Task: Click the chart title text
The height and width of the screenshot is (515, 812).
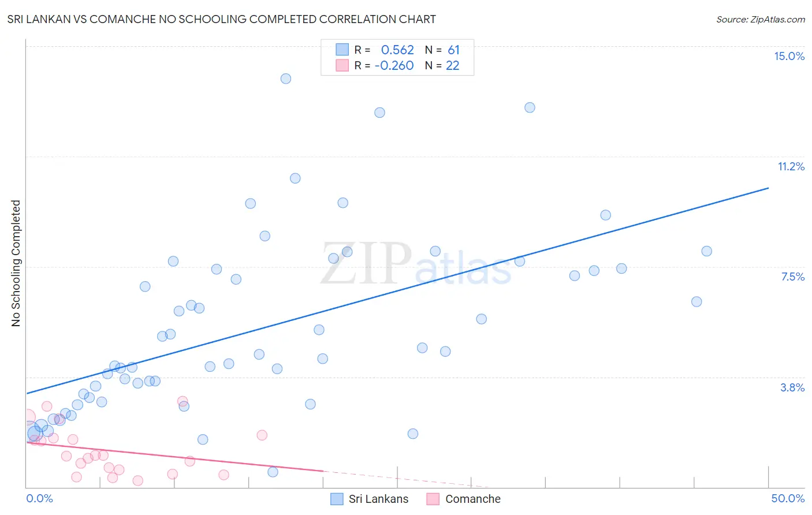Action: click(x=222, y=19)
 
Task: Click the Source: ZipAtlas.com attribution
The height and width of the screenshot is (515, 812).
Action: click(x=760, y=20)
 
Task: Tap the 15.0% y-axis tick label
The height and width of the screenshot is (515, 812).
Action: click(x=789, y=56)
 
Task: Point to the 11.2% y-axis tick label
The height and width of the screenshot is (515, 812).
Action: click(x=791, y=166)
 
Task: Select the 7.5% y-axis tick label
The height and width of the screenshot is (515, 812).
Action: click(x=792, y=277)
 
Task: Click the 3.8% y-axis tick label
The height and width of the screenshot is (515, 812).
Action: click(x=792, y=387)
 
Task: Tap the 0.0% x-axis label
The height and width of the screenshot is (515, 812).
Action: click(x=39, y=498)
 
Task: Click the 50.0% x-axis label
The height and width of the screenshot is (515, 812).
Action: click(x=787, y=498)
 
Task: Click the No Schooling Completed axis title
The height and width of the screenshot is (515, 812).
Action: click(x=16, y=263)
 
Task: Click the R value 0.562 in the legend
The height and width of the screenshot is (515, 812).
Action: click(x=397, y=50)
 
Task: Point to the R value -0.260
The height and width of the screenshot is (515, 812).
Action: click(x=394, y=66)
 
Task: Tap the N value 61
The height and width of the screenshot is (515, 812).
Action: click(x=453, y=50)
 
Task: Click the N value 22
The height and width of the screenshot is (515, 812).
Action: click(x=452, y=66)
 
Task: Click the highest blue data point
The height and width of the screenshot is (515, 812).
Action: click(x=285, y=79)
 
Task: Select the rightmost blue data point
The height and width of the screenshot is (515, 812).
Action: click(x=706, y=251)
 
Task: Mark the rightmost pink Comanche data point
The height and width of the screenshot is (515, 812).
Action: click(x=262, y=435)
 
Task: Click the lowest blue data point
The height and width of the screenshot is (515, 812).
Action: click(x=273, y=472)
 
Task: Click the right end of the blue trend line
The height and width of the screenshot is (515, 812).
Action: click(x=768, y=188)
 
